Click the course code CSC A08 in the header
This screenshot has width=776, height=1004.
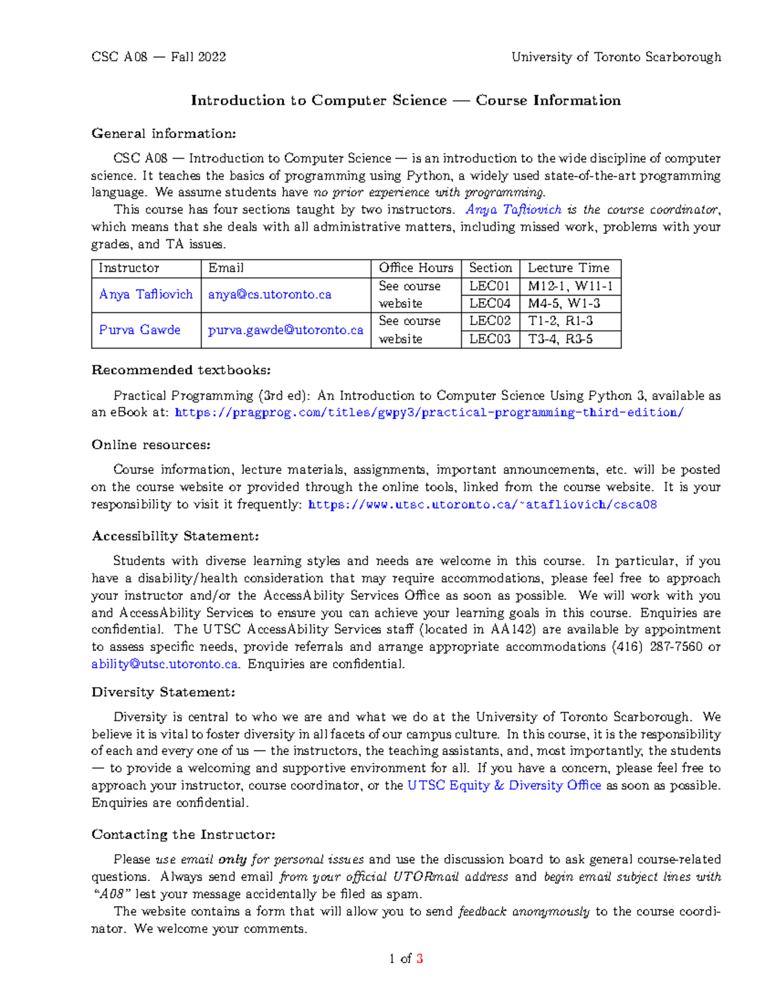tap(120, 57)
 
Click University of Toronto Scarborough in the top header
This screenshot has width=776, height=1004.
tap(616, 57)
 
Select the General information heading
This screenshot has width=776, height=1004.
tap(164, 134)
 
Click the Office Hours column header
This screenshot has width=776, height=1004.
tap(416, 268)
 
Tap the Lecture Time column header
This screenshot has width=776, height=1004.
tap(568, 268)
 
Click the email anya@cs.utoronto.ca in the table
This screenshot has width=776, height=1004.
tap(270, 295)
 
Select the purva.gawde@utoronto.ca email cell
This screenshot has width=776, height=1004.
tap(285, 330)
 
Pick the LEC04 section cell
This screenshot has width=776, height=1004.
tap(490, 304)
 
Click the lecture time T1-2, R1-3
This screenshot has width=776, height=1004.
tap(560, 321)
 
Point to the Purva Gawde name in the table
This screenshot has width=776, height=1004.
tap(140, 330)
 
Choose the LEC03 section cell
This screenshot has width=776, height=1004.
tap(490, 339)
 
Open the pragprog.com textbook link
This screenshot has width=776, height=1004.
tap(429, 413)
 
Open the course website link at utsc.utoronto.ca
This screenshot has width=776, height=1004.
tap(482, 505)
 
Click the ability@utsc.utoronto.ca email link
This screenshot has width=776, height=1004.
tap(165, 665)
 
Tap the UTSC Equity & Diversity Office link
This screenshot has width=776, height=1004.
tap(504, 785)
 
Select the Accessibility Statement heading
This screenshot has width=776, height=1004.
tap(175, 537)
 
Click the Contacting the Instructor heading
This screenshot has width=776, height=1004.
tap(184, 835)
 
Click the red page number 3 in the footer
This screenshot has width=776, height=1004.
tap(420, 959)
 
